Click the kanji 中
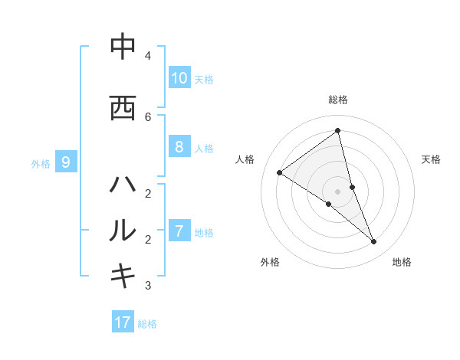point(123,47)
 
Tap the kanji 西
point(123,108)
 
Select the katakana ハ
point(123,185)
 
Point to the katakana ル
point(123,230)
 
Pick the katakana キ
point(123,276)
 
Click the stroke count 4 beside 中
point(148,55)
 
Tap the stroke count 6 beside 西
point(148,116)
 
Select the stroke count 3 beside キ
point(148,286)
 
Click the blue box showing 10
point(179,77)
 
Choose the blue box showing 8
point(179,147)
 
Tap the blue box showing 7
point(179,231)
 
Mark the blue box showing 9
point(66,162)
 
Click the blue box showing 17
point(123,322)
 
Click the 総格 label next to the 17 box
point(147,324)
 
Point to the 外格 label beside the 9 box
point(41,163)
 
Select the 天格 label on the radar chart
point(431,159)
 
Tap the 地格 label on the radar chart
point(402,262)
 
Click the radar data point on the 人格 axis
point(280,172)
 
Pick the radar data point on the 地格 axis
point(374,242)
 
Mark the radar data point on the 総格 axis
point(338,131)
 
